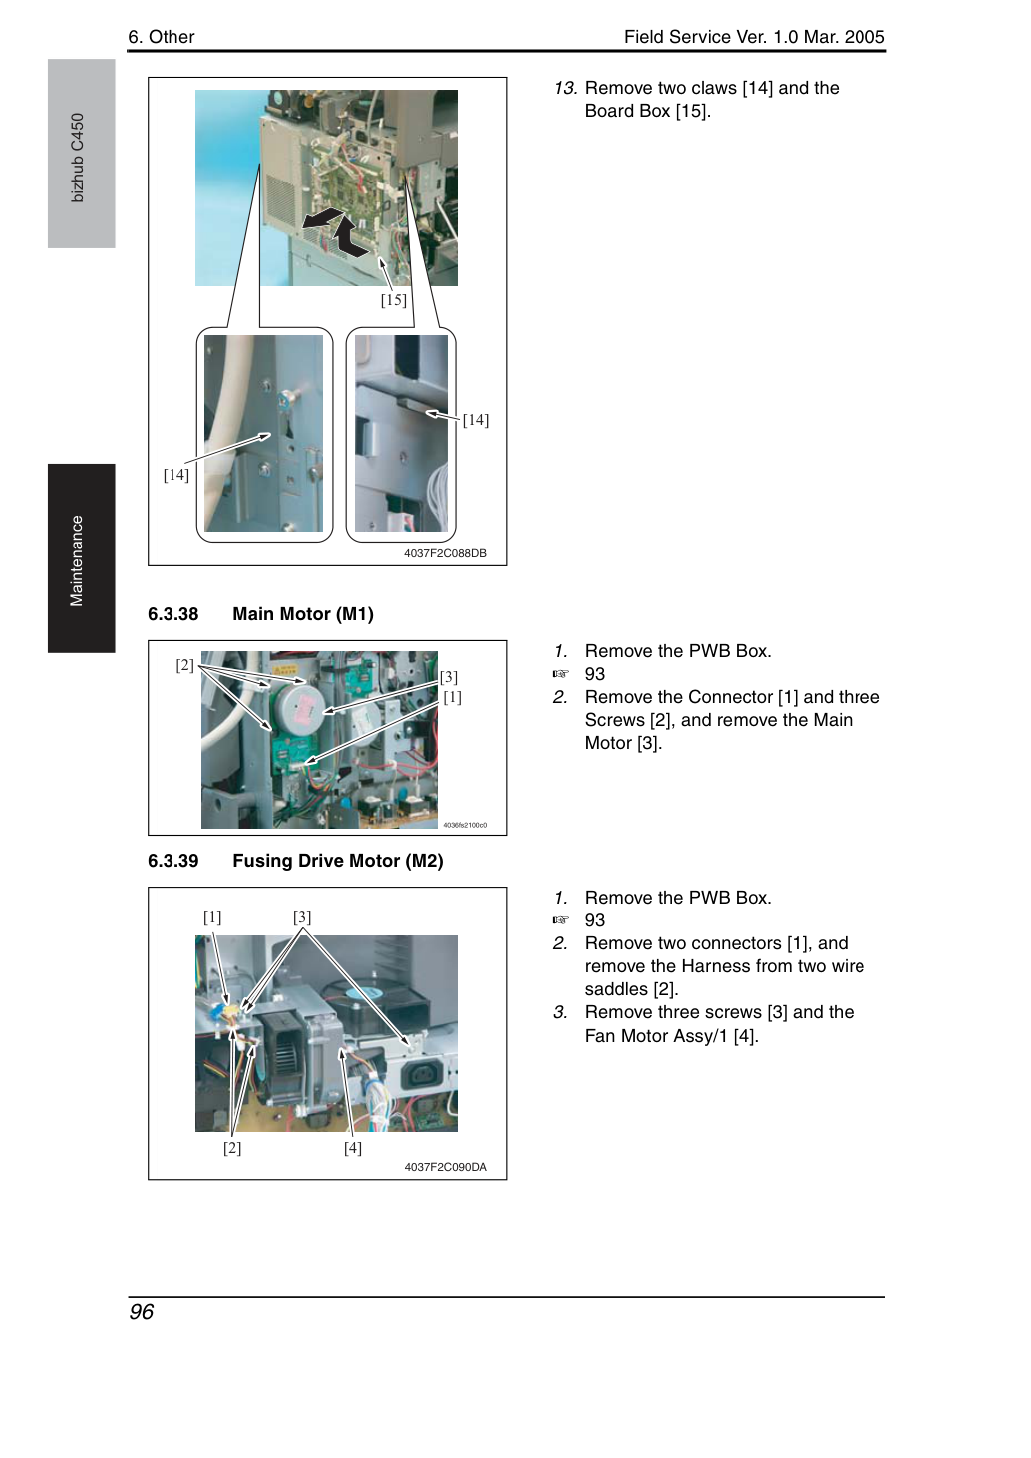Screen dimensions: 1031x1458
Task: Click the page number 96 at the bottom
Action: (x=142, y=1312)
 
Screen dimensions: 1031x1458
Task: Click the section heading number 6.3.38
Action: (x=173, y=614)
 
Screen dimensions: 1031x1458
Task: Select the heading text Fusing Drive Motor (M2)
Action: (x=338, y=861)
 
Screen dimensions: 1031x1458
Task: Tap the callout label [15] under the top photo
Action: (x=393, y=300)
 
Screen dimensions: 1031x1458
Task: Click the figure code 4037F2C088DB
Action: (x=445, y=553)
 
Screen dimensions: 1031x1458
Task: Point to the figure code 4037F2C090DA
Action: (x=445, y=1167)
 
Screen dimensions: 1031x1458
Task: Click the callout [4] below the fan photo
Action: (x=353, y=1148)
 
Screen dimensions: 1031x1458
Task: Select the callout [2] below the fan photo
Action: (x=232, y=1148)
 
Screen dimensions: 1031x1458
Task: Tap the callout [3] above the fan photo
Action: (x=302, y=917)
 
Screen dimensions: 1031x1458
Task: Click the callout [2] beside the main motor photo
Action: (x=184, y=665)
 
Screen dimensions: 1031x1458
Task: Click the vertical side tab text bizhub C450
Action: (x=77, y=158)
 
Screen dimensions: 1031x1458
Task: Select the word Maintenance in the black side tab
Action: (x=76, y=560)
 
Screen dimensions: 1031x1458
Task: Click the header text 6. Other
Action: (x=162, y=37)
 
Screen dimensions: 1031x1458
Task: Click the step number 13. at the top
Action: (x=565, y=88)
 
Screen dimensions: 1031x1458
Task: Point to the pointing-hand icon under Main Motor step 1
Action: (x=560, y=674)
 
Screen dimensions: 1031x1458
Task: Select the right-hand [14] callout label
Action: (x=476, y=420)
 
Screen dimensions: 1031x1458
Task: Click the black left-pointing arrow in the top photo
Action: (x=323, y=218)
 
